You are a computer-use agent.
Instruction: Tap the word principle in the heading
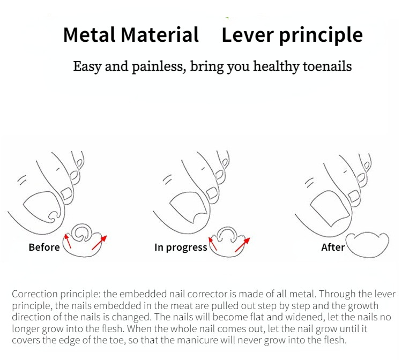coord(321,36)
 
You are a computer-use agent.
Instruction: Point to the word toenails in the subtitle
coord(327,66)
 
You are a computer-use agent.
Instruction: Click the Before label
coord(44,247)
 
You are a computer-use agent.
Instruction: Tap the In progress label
coord(181,247)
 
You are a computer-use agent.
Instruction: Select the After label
coord(333,247)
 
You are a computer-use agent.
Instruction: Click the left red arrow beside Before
coord(68,241)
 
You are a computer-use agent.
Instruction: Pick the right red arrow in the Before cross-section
coord(100,242)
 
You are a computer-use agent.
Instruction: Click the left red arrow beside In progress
coord(213,243)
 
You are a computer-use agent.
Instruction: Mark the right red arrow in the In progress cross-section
coord(242,245)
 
